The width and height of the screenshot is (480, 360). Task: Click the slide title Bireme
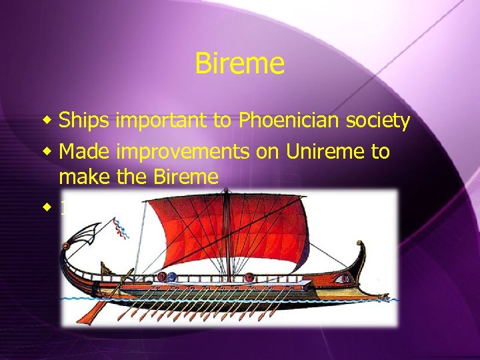click(240, 64)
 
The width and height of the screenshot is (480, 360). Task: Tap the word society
click(377, 121)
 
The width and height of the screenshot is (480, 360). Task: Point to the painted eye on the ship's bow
click(345, 277)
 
